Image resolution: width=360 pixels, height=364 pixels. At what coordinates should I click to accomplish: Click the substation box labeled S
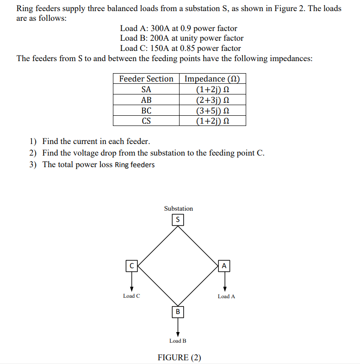pos(178,220)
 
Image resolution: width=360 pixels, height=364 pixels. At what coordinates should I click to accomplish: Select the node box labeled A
pos(224,266)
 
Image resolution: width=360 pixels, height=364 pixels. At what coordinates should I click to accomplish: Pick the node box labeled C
pos(132,266)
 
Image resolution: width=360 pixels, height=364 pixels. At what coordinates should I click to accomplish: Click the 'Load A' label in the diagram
pos(226,296)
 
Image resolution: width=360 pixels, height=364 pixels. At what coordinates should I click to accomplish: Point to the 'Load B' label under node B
pos(178,341)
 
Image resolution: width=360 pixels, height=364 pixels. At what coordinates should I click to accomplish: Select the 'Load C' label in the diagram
pos(131,296)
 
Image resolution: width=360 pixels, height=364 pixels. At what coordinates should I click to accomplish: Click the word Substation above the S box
pos(178,208)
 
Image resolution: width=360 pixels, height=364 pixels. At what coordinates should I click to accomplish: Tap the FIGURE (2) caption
pos(180,358)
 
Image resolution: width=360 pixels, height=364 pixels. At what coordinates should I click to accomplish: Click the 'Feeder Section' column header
pos(146,79)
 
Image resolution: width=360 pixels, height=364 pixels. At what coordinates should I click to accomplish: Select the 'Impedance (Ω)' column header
pos(212,79)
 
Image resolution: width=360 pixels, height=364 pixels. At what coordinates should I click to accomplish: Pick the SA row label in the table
pos(146,89)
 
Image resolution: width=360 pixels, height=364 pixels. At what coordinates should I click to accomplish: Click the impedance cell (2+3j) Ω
pos(212,100)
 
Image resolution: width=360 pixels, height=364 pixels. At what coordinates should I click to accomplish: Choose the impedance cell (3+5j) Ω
pos(212,111)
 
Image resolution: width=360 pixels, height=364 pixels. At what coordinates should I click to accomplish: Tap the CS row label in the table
pos(146,121)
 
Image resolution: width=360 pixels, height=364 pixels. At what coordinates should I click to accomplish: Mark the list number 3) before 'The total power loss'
pos(33,164)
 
